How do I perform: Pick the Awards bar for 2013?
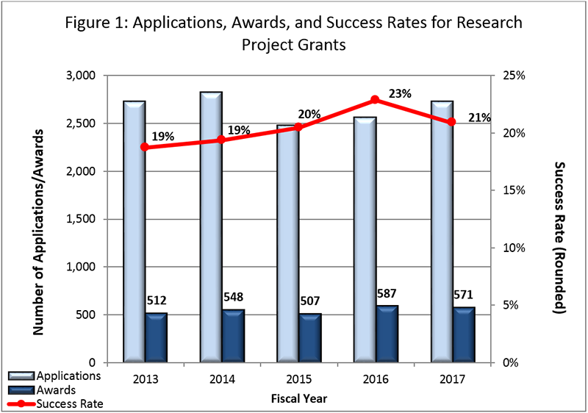(156, 338)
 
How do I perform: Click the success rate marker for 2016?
(375, 99)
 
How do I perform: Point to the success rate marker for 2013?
(145, 147)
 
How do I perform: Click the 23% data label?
(400, 93)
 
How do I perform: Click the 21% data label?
(478, 118)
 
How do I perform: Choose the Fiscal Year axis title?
(298, 399)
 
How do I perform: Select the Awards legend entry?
(51, 389)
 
